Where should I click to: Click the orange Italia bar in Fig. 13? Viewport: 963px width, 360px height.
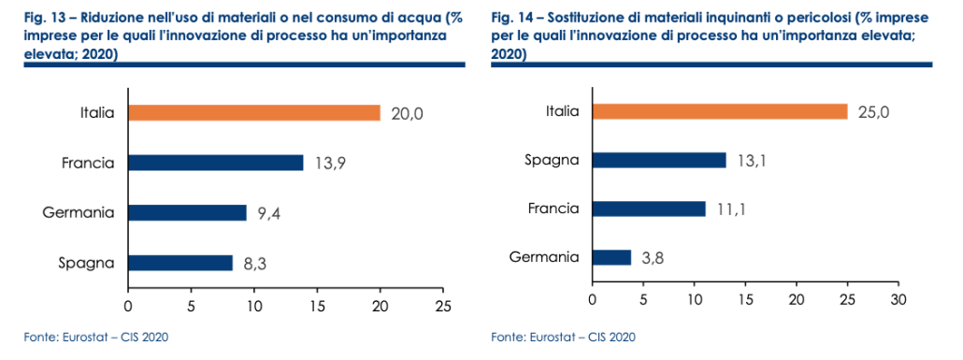(x=253, y=113)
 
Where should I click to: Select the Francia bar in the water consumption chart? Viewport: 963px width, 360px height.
(x=215, y=163)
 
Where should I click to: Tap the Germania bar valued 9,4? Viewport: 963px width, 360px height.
(x=186, y=212)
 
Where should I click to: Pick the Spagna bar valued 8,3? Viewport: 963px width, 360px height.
(x=180, y=263)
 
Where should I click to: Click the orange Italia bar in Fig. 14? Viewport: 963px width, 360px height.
(x=719, y=111)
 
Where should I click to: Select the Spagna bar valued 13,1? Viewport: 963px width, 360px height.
(x=658, y=160)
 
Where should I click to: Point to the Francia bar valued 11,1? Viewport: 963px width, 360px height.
(x=648, y=209)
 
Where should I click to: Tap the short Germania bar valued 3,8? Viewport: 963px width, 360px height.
(x=611, y=257)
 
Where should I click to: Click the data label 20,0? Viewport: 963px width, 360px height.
(x=407, y=113)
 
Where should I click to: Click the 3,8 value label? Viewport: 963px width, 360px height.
(x=654, y=257)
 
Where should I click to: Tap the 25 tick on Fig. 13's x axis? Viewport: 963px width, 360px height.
(x=443, y=305)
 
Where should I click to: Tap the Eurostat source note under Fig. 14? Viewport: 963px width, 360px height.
(x=565, y=337)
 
